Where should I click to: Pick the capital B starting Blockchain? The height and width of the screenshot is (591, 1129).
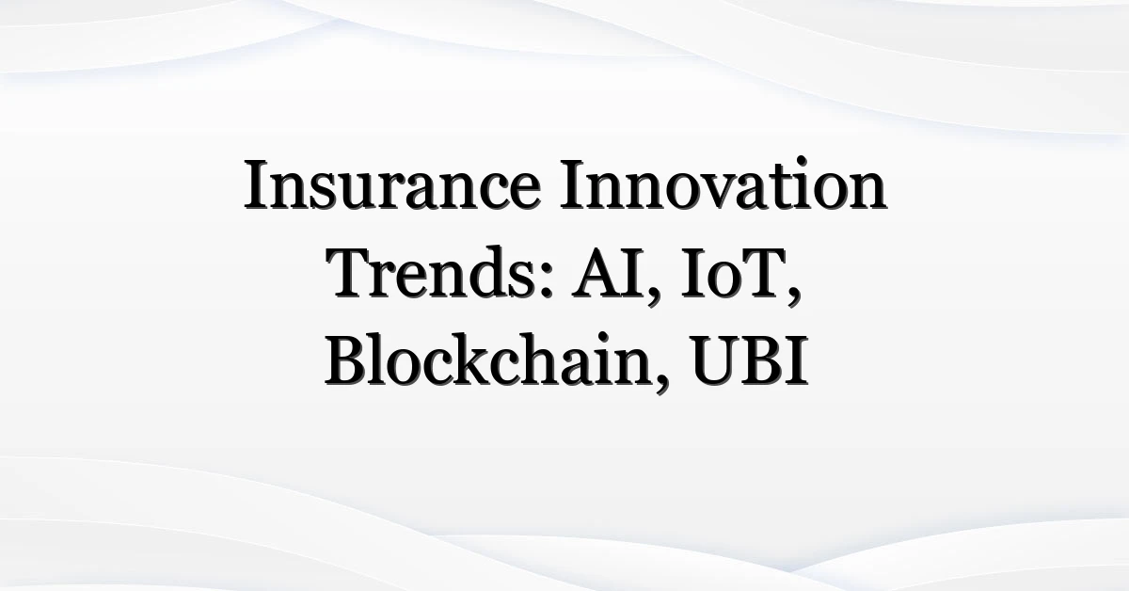(344, 360)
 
